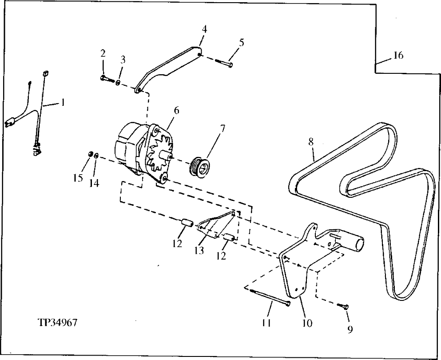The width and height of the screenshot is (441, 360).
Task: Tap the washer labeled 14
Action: (x=97, y=156)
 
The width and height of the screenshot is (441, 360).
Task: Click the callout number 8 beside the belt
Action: (x=311, y=142)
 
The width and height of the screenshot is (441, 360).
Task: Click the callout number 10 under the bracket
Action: (x=307, y=323)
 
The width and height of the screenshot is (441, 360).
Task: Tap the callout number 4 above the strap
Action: (x=204, y=29)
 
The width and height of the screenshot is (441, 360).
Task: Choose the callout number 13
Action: (x=199, y=251)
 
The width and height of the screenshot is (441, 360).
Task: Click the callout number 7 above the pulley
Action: (x=222, y=128)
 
